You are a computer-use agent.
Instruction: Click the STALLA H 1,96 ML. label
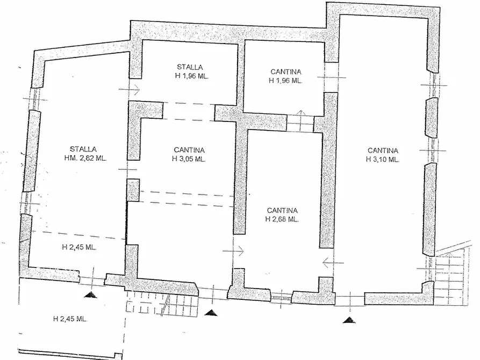(x=190, y=71)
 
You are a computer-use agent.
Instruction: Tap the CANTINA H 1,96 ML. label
(x=285, y=76)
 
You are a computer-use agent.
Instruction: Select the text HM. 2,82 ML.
(x=83, y=158)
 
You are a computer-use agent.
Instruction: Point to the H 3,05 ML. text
(x=189, y=159)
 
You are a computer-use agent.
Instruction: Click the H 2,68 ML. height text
(x=282, y=219)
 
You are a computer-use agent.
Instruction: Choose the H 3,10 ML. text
(x=383, y=159)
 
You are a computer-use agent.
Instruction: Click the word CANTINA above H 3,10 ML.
(x=383, y=150)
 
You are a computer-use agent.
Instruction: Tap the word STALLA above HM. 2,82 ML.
(x=83, y=149)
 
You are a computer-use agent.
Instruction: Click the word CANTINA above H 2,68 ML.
(x=282, y=211)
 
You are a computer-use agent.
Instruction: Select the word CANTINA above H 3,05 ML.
(x=189, y=150)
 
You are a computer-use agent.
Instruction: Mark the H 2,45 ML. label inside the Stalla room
(x=79, y=248)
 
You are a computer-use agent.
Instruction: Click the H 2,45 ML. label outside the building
(x=70, y=319)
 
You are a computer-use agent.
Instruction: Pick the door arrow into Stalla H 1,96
(x=134, y=90)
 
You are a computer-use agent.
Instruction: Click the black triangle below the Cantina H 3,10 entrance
(x=350, y=320)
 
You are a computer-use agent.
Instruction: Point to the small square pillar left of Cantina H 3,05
(x=133, y=190)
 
